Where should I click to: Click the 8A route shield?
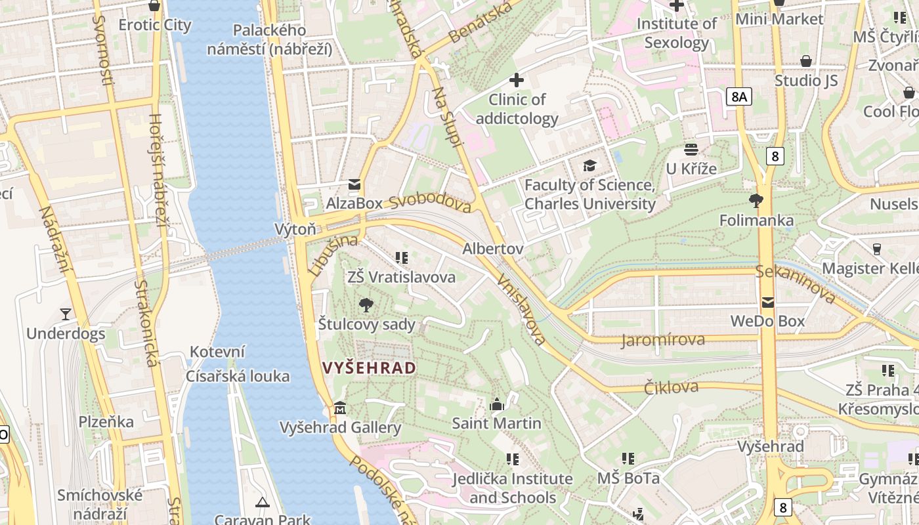(739, 97)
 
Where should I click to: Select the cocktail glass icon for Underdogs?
(66, 314)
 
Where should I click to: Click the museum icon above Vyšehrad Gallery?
(340, 408)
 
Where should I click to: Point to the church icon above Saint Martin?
(497, 404)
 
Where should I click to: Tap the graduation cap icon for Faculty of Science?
(589, 165)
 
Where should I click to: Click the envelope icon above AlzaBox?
(354, 184)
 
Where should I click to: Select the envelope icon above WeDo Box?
(768, 303)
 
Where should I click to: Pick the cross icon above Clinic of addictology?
(517, 80)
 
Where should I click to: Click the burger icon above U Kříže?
(691, 150)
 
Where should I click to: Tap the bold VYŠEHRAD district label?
(370, 368)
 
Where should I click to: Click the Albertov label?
(492, 249)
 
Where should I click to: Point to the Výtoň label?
(295, 229)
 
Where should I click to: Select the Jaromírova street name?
(663, 339)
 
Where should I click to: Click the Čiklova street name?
(671, 387)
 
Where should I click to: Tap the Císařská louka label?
(238, 376)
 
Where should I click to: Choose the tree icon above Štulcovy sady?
(366, 304)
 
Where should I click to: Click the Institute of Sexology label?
(677, 33)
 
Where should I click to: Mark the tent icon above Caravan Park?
(263, 503)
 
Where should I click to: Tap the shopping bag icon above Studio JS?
(806, 62)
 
